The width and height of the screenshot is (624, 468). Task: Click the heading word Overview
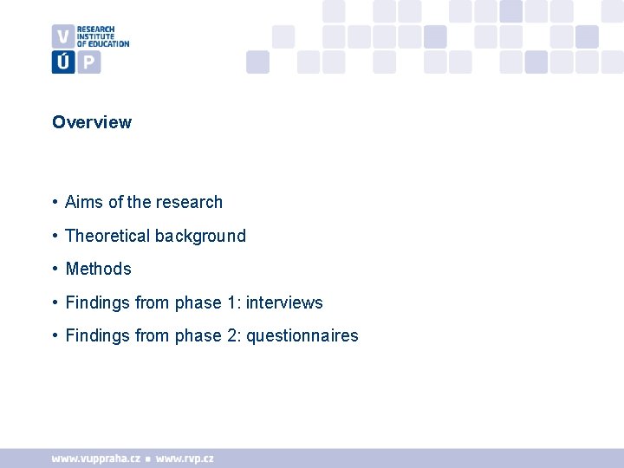pyautogui.click(x=92, y=122)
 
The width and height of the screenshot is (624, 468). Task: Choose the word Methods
pyautogui.click(x=98, y=269)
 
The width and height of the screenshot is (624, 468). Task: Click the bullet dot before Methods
pyautogui.click(x=55, y=269)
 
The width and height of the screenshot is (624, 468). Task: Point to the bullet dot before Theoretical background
pyautogui.click(x=55, y=236)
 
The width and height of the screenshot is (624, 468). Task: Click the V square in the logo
pyautogui.click(x=62, y=36)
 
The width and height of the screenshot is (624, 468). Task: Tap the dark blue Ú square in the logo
pyautogui.click(x=62, y=62)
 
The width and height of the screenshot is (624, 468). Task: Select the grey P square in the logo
pyautogui.click(x=89, y=62)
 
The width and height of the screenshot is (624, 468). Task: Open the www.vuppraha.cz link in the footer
pyautogui.click(x=95, y=458)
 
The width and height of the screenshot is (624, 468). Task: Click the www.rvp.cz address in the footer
pyautogui.click(x=185, y=458)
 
